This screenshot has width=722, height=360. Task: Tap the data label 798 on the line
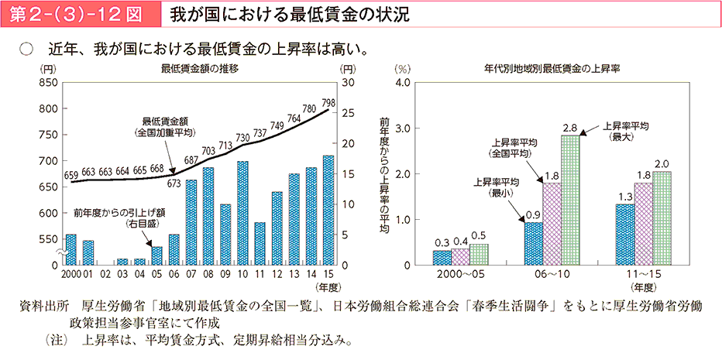pyautogui.click(x=328, y=103)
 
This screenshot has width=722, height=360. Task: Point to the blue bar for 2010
pyautogui.click(x=242, y=213)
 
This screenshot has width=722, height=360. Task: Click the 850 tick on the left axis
pyautogui.click(x=48, y=82)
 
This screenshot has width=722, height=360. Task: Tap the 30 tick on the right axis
pyautogui.click(x=348, y=82)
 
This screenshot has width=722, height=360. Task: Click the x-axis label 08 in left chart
pyautogui.click(x=208, y=273)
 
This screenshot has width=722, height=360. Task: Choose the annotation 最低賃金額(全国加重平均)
pyautogui.click(x=166, y=127)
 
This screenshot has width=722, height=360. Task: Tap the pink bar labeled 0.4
pyautogui.click(x=460, y=256)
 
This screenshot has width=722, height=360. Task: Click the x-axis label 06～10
pyautogui.click(x=552, y=274)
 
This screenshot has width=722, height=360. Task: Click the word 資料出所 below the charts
pyautogui.click(x=43, y=307)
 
